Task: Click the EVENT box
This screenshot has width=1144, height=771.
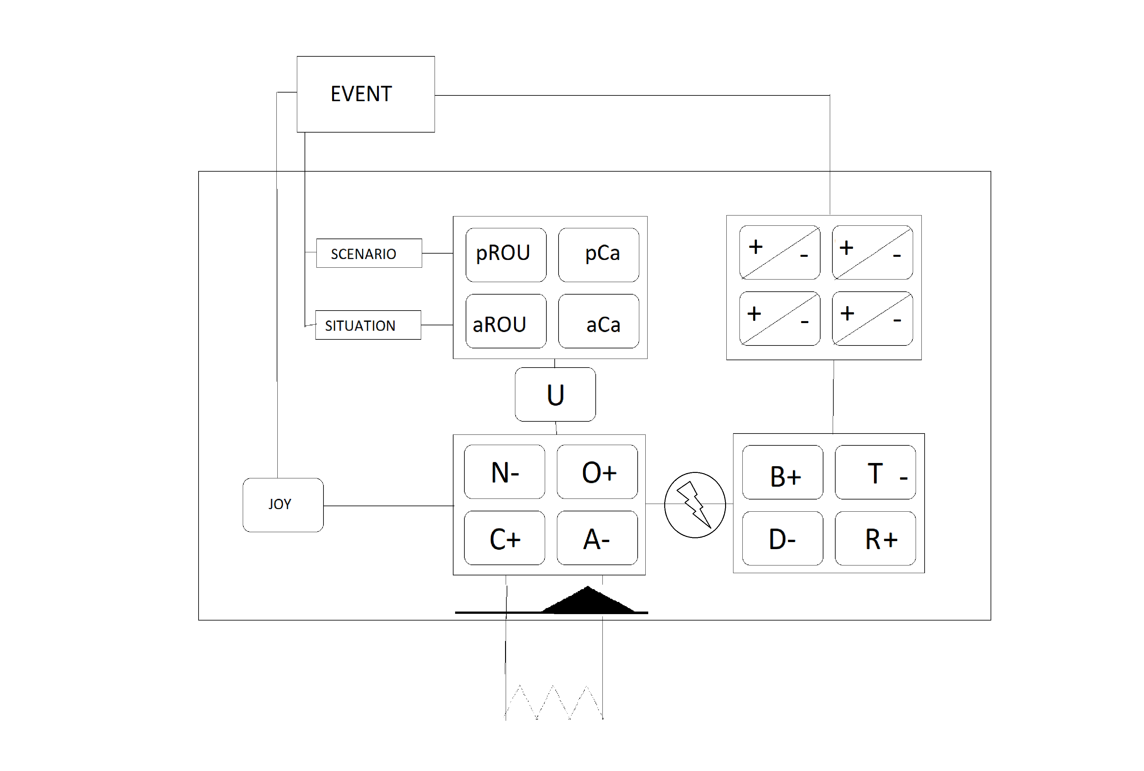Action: pyautogui.click(x=365, y=94)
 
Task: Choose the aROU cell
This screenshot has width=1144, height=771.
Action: pyautogui.click(x=506, y=321)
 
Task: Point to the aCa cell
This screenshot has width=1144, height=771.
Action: pyautogui.click(x=599, y=321)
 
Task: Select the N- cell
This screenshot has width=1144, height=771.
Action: pyautogui.click(x=504, y=472)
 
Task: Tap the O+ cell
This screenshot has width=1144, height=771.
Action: pyautogui.click(x=597, y=472)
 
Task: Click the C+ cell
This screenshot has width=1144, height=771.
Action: pyautogui.click(x=504, y=538)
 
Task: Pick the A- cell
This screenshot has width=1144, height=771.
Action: pyautogui.click(x=597, y=538)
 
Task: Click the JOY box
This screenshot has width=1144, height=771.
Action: pyautogui.click(x=283, y=505)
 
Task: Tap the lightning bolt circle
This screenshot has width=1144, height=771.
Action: pyautogui.click(x=694, y=505)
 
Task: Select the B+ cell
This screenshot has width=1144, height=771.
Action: pyautogui.click(x=782, y=472)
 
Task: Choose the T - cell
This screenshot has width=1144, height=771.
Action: pyautogui.click(x=875, y=472)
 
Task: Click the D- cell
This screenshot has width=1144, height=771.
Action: pyautogui.click(x=782, y=539)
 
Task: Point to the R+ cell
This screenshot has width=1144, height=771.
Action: pyautogui.click(x=875, y=539)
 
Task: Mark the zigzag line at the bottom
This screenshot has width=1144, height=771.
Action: pyautogui.click(x=553, y=702)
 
